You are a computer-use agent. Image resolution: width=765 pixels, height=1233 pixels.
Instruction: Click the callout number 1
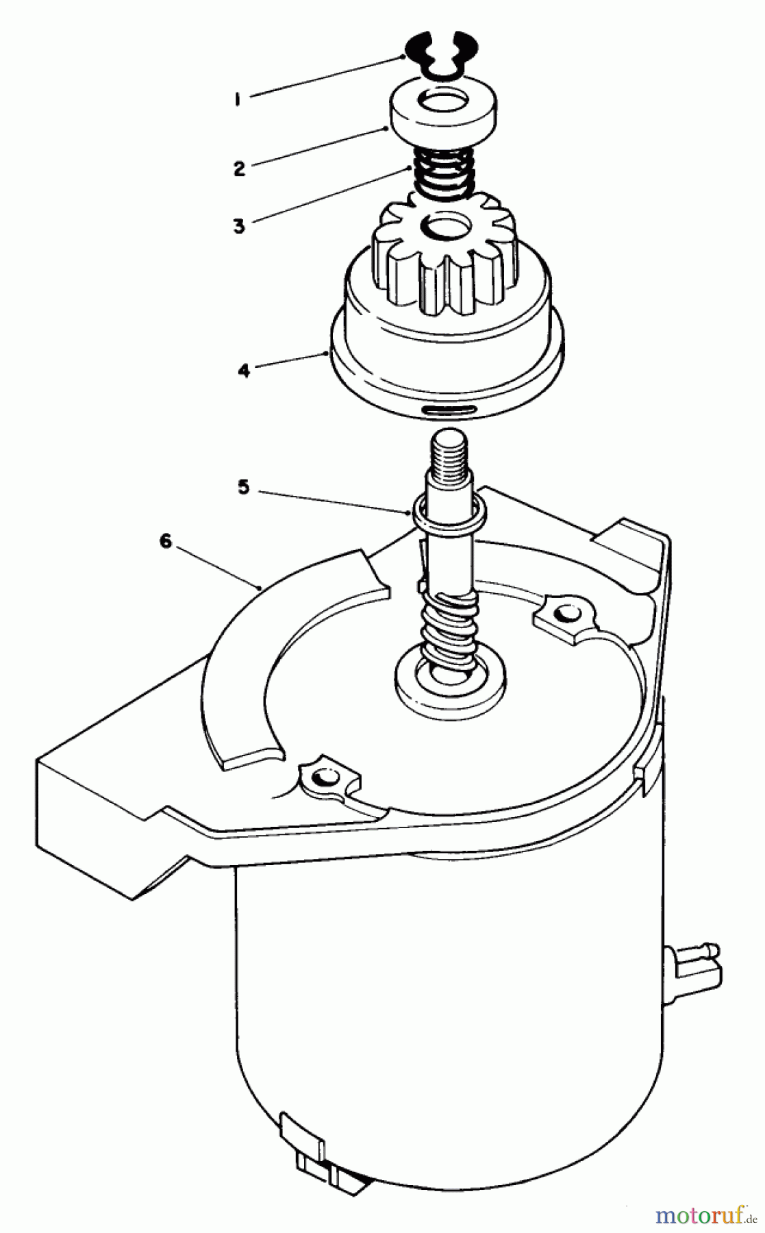(x=237, y=99)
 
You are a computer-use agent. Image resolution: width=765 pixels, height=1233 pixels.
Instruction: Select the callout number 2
(x=239, y=168)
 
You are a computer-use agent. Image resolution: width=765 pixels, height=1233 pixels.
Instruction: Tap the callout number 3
(x=238, y=225)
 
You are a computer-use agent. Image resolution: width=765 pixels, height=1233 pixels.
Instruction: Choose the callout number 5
(x=244, y=487)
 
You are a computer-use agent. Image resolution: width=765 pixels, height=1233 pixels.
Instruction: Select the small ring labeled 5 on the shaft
(x=449, y=511)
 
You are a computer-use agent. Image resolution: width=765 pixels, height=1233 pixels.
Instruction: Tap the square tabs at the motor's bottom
(x=329, y=1164)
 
